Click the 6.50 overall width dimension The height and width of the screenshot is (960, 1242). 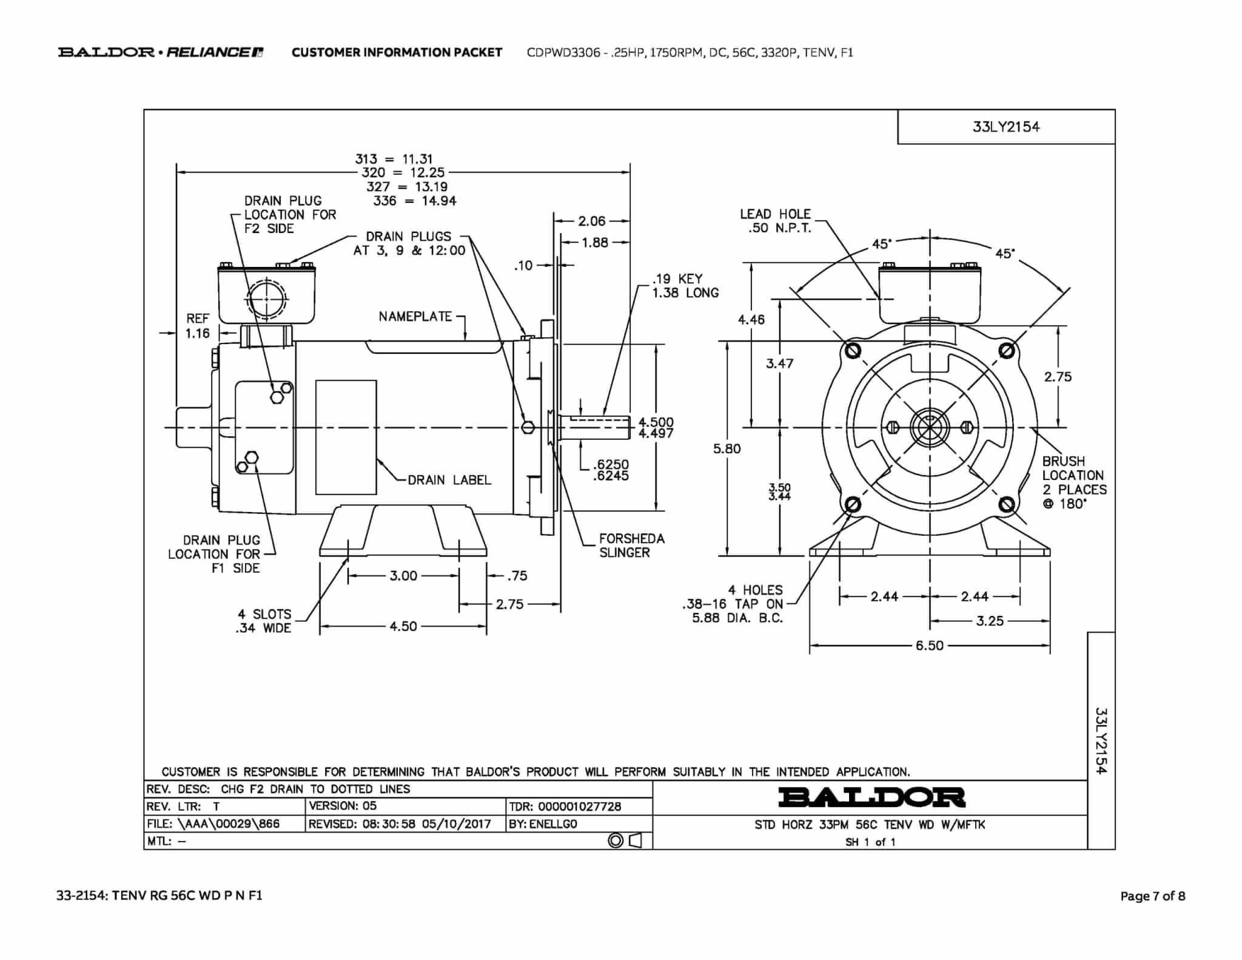[929, 646]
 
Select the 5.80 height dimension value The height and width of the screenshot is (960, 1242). [727, 448]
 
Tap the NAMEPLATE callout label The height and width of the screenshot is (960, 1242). [415, 316]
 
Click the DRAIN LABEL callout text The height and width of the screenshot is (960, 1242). [449, 480]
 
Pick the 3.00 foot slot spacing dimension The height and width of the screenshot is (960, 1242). [403, 575]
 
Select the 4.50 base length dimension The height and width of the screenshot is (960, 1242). [403, 626]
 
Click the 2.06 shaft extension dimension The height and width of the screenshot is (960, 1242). [592, 221]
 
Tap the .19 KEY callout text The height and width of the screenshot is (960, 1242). [677, 279]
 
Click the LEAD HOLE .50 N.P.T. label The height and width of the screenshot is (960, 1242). [775, 221]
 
